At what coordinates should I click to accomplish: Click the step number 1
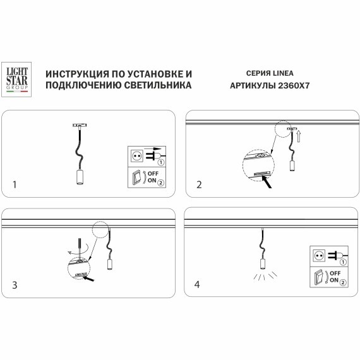pyautogui.click(x=15, y=184)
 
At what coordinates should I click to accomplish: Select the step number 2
pyautogui.click(x=200, y=184)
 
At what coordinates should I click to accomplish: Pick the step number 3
pyautogui.click(x=15, y=284)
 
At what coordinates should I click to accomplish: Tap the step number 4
pyautogui.click(x=200, y=284)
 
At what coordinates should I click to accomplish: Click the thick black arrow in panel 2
pyautogui.click(x=270, y=184)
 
